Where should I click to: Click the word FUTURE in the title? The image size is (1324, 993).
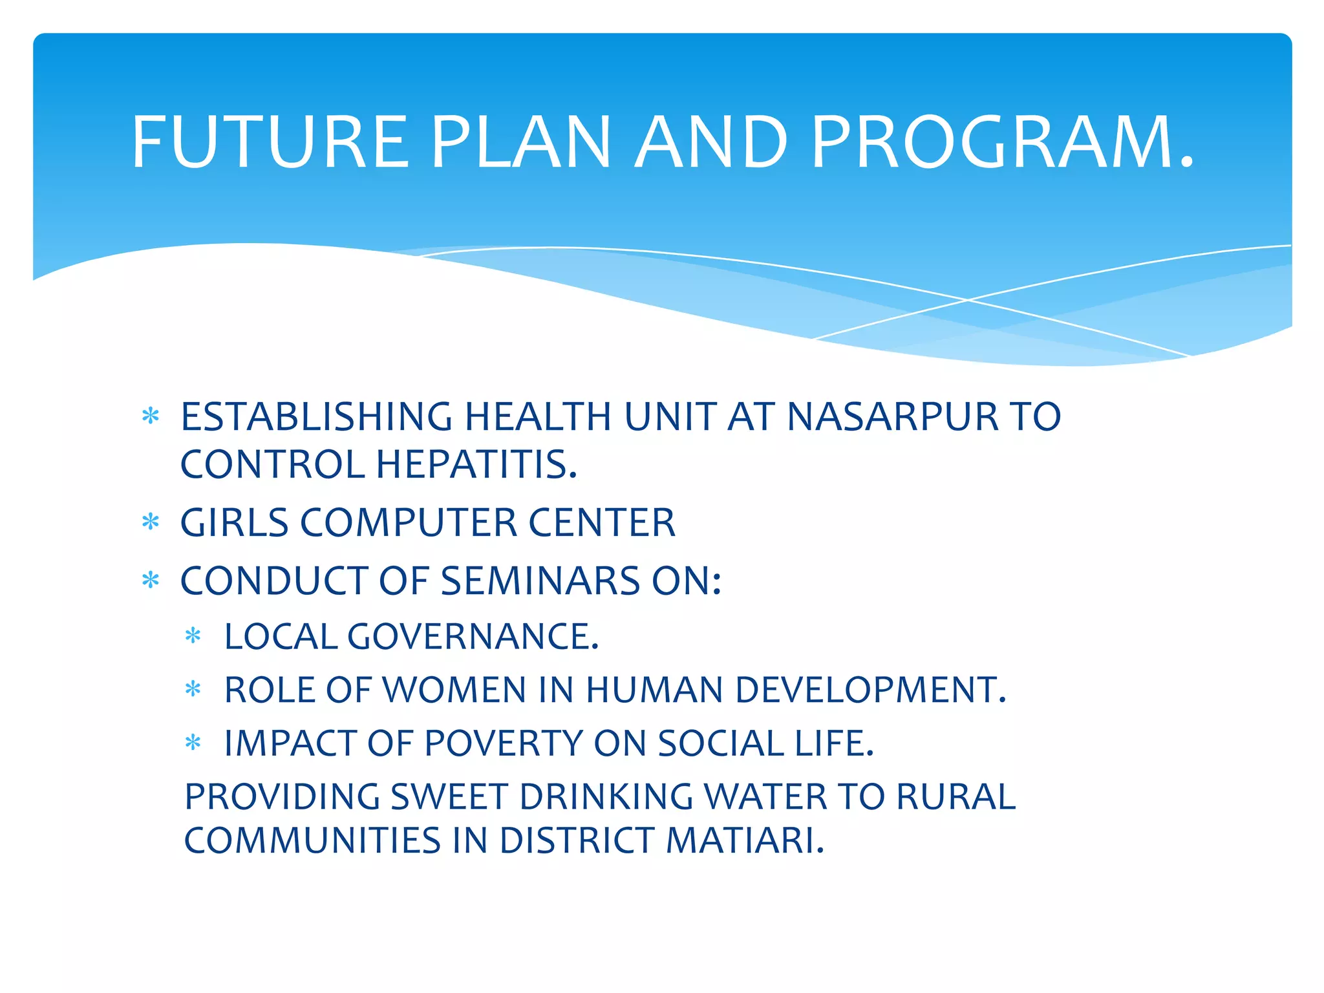tap(270, 142)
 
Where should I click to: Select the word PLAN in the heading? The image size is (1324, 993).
tap(520, 142)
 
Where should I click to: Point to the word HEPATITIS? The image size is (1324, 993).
tap(477, 465)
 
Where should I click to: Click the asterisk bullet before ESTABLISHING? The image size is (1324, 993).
tap(150, 416)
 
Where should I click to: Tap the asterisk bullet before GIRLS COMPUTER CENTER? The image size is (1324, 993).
tap(150, 522)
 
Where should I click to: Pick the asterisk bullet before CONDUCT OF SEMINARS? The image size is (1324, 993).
tap(150, 580)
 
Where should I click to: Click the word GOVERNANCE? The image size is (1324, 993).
tap(473, 636)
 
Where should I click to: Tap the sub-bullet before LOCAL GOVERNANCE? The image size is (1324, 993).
tap(193, 636)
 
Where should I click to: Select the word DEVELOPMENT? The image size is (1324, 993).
tap(870, 690)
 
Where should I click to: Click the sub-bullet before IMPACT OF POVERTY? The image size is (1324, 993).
tap(193, 743)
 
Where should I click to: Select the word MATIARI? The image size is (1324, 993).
tap(745, 840)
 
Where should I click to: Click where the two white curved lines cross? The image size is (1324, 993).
tap(968, 300)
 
